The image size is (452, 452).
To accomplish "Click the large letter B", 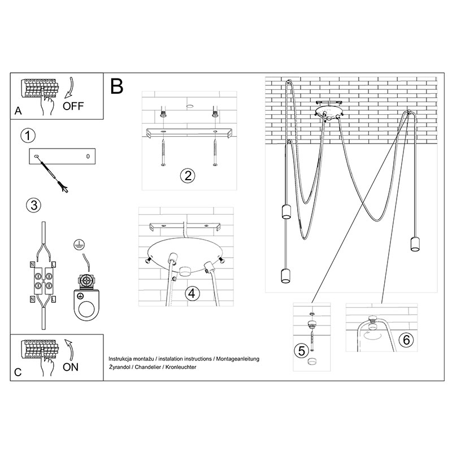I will (117, 86).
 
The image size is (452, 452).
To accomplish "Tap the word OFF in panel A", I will (73, 105).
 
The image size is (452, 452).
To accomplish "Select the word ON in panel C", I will (71, 367).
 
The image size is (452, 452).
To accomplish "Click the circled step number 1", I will (27, 136).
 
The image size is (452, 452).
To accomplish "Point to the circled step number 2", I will (188, 176).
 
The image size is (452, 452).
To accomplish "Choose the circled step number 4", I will (193, 294).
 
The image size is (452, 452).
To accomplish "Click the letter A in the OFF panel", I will (18, 112).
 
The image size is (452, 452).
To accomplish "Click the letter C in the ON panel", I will (18, 373).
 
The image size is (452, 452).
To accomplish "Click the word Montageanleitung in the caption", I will (237, 359).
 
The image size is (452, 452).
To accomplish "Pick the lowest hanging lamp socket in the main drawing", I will (285, 276).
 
